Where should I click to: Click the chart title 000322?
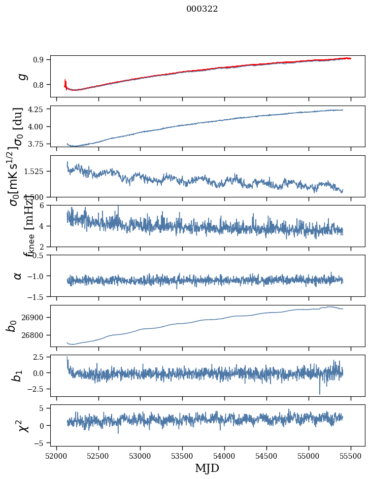202,9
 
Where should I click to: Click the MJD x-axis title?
207,468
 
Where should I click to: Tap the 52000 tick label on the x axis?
56,456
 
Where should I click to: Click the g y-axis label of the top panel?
21,76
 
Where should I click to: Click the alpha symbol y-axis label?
18,276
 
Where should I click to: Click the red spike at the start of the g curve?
65,82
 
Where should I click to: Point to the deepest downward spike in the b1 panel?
320,393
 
